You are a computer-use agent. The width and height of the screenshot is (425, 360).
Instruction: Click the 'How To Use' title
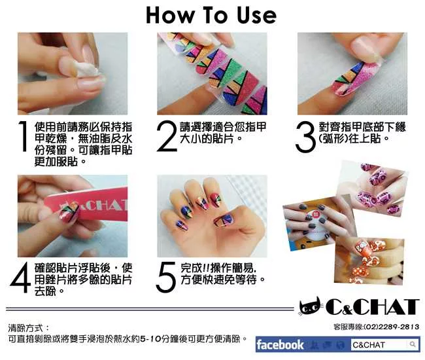click(211, 16)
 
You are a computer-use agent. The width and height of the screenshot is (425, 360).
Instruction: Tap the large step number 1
click(24, 136)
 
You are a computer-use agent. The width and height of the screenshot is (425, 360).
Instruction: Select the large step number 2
click(167, 136)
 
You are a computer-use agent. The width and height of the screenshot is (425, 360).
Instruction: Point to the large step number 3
click(305, 137)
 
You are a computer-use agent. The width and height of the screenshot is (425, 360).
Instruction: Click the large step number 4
click(20, 277)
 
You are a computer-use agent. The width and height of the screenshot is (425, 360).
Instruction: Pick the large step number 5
click(166, 277)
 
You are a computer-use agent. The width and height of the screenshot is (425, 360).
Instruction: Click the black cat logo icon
click(311, 306)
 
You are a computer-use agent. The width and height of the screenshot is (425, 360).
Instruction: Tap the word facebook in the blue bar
click(280, 344)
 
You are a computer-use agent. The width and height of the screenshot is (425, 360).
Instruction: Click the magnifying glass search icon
click(413, 344)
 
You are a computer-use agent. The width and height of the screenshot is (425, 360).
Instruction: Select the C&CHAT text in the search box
click(369, 345)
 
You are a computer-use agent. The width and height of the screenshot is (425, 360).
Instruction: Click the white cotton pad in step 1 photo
click(87, 68)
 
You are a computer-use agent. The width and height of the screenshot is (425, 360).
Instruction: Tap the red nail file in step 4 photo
click(90, 204)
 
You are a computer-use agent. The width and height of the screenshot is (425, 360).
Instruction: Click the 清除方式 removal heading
click(25, 328)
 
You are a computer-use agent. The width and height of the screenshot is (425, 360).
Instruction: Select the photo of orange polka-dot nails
click(369, 261)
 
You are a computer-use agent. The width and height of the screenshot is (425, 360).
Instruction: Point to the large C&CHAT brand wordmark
click(372, 307)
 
